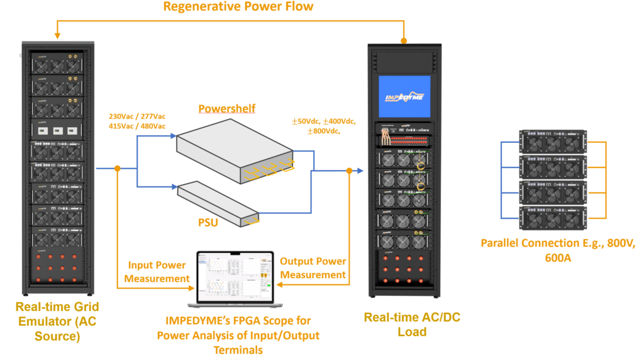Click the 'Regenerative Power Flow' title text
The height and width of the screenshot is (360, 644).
point(238,7)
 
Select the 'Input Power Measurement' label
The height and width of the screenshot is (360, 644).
point(158,272)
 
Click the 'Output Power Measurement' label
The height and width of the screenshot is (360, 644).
point(313,267)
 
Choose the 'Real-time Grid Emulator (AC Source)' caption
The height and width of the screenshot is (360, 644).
point(58,322)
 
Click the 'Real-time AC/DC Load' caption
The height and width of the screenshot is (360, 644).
point(412,324)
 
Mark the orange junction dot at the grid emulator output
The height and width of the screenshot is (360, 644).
point(118,169)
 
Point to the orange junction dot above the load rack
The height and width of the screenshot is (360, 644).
point(404,40)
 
